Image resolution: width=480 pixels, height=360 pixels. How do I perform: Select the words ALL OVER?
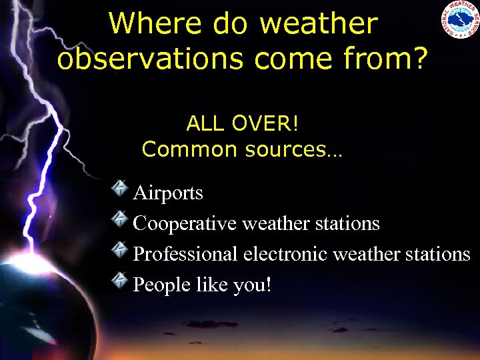click(x=242, y=123)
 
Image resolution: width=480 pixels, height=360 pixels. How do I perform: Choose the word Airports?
click(x=168, y=193)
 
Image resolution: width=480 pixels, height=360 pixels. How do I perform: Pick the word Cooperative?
click(x=185, y=223)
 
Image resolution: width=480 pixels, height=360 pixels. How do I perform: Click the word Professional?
click(x=185, y=254)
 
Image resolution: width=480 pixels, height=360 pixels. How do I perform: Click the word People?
click(x=162, y=285)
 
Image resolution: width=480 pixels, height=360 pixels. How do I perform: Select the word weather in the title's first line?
click(x=318, y=25)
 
